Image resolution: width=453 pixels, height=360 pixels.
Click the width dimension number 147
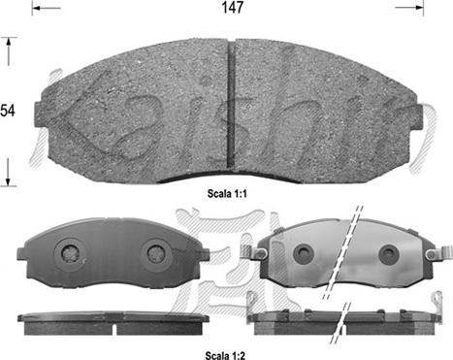(x=232, y=8)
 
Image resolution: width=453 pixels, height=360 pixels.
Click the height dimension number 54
(x=8, y=111)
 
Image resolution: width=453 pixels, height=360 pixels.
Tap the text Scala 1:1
(x=227, y=194)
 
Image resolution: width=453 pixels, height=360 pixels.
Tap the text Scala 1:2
(x=225, y=355)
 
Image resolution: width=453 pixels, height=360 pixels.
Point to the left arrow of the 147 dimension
(x=46, y=8)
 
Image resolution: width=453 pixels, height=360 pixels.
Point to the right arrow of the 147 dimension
(x=409, y=8)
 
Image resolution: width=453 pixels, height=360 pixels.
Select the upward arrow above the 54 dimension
(x=9, y=51)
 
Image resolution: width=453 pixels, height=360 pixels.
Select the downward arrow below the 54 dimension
(x=9, y=172)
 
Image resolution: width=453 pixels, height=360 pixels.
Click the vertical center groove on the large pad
(x=231, y=105)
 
